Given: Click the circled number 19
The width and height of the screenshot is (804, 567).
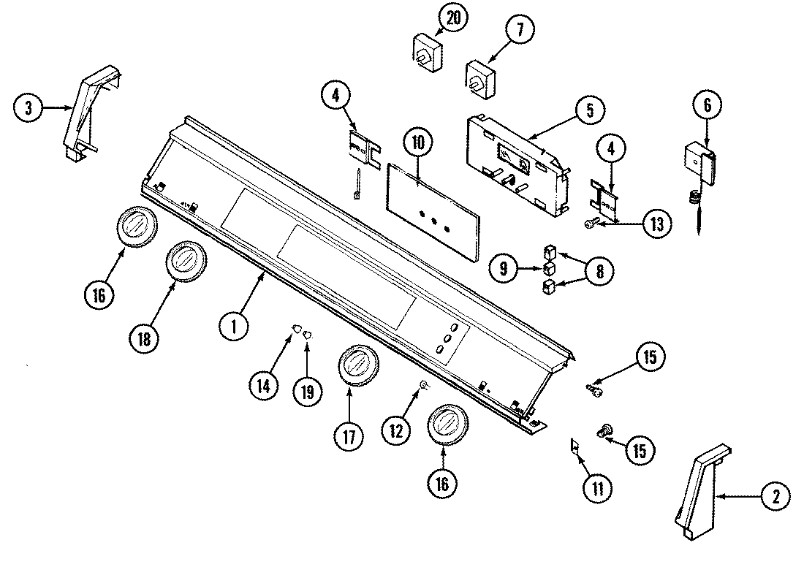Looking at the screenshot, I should (x=307, y=391).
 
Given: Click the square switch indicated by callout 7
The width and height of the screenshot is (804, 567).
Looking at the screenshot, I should (x=480, y=78).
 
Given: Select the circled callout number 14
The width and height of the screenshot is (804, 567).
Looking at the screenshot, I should (x=263, y=385).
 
